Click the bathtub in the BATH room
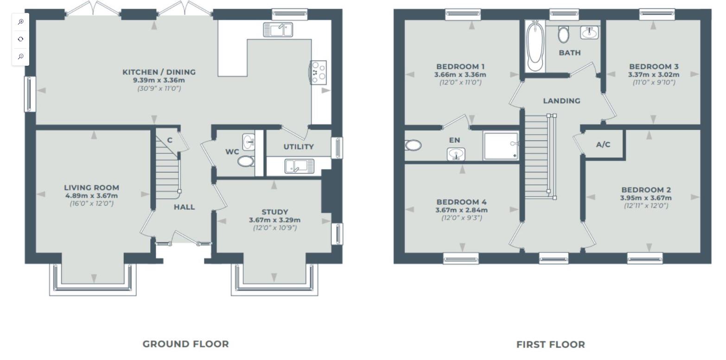click(x=535, y=46)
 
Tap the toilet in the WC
click(x=245, y=161)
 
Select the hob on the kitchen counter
click(x=318, y=72)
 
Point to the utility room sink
click(x=299, y=166)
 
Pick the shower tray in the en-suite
click(x=501, y=145)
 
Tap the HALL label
click(x=184, y=207)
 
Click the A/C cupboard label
click(x=603, y=145)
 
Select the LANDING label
click(x=561, y=101)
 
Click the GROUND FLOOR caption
click(x=185, y=344)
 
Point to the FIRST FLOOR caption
click(x=550, y=345)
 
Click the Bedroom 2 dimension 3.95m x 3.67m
click(x=646, y=198)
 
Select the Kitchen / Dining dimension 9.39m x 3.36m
click(x=159, y=80)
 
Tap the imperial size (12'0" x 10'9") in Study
click(x=274, y=228)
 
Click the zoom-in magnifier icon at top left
click(x=20, y=22)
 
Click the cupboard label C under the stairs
click(x=170, y=140)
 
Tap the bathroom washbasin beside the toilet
click(x=589, y=32)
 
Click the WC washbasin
click(x=248, y=141)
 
